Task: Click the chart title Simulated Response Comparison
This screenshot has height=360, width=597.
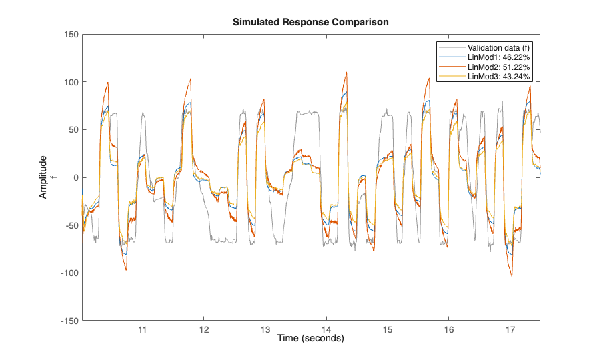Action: pos(310,22)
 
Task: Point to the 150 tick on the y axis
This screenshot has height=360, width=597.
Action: pos(70,35)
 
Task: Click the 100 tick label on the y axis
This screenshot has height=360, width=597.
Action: pos(70,82)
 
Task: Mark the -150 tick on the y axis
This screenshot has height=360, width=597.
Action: pos(68,321)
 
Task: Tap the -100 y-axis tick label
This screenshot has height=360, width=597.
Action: pos(68,273)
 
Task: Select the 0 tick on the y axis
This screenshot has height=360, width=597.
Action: pos(75,177)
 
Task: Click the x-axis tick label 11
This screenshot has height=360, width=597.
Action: pos(142,330)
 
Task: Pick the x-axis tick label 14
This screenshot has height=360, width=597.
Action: pos(326,330)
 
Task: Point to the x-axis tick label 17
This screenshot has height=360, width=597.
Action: pos(510,330)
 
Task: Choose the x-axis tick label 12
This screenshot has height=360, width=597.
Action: pos(203,330)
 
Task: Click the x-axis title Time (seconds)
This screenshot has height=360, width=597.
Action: pos(310,339)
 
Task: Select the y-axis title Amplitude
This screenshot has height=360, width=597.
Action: pos(43,177)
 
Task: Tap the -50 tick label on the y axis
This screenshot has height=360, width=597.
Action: pos(70,225)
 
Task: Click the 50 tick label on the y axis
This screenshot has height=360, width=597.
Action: pos(72,130)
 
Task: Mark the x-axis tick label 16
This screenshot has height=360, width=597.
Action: pos(449,330)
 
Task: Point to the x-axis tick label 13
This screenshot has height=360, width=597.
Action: pos(265,330)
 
